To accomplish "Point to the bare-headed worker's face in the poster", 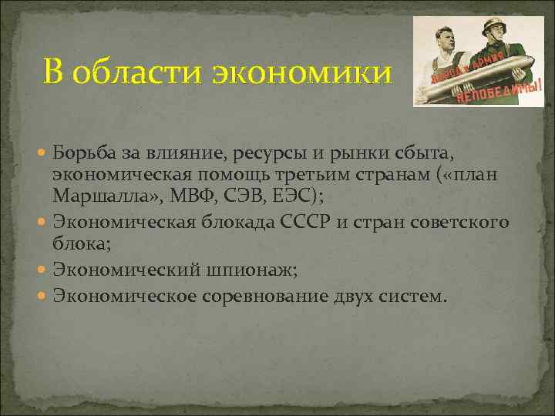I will pyautogui.click(x=450, y=40).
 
